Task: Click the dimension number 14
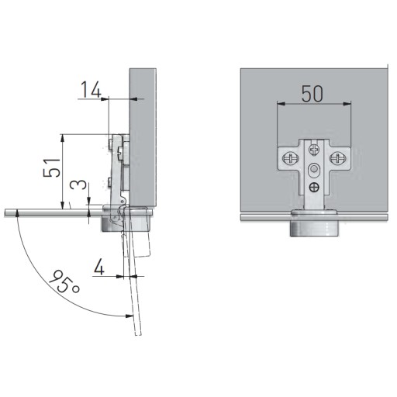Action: [91, 89]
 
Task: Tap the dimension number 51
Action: [52, 167]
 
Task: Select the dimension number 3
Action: [78, 185]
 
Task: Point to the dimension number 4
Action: [99, 267]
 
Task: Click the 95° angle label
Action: [64, 281]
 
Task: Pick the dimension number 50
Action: [312, 93]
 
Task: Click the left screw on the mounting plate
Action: [291, 157]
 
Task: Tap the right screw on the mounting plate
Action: [337, 157]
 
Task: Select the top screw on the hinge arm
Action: [314, 149]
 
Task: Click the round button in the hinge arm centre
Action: [314, 170]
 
